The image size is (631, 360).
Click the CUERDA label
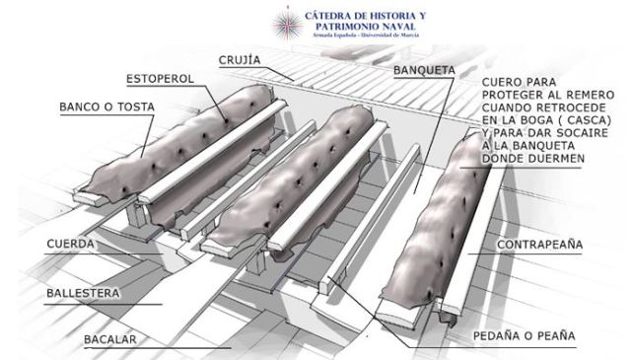pyautogui.click(x=70, y=243)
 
